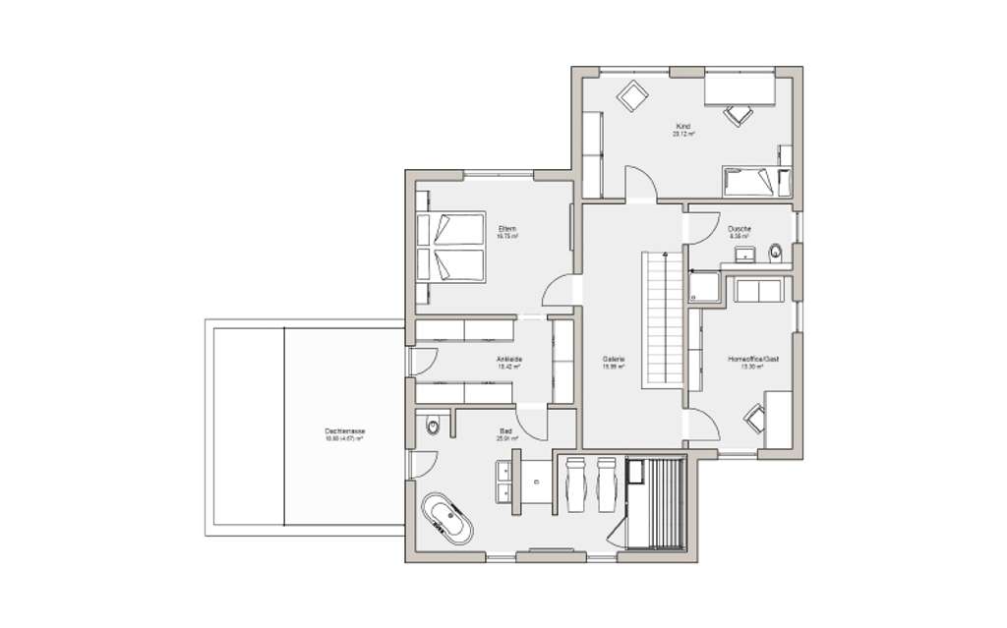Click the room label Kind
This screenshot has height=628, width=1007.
coord(683,126)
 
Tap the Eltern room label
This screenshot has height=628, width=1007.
coord(507,229)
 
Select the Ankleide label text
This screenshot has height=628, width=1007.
coord(508,359)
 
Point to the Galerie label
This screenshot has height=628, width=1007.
coord(615,359)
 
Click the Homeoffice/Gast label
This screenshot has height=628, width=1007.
coord(746,359)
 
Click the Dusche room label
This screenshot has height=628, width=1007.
coord(740,229)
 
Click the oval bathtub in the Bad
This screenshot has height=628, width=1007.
coord(447,519)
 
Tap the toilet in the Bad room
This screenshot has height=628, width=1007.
coord(433,427)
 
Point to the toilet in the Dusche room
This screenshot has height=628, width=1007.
coord(776,252)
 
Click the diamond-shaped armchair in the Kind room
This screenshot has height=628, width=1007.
coord(630,95)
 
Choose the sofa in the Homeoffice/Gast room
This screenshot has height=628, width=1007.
coord(756,291)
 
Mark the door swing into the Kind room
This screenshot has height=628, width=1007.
coord(640,184)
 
